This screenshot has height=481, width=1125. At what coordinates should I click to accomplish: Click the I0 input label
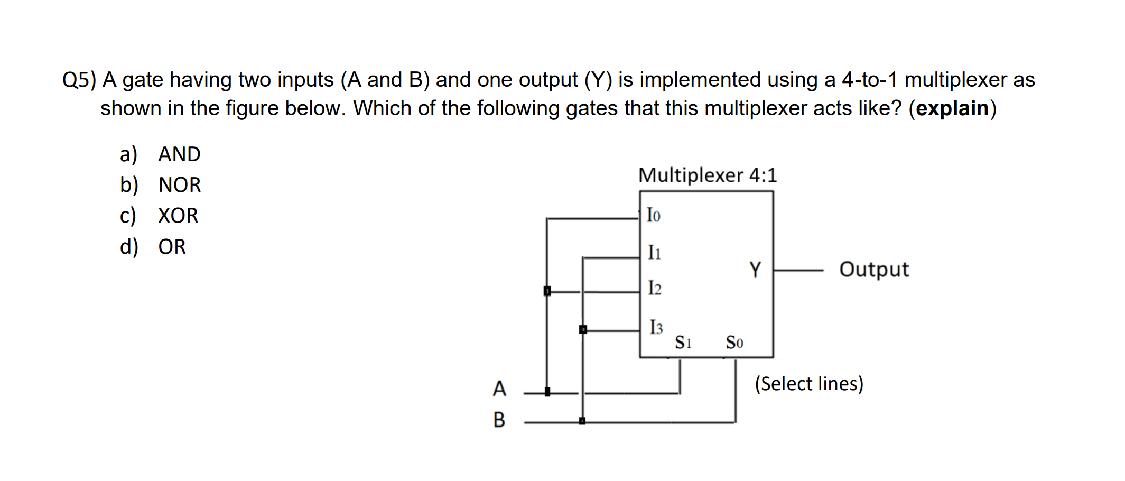tap(654, 215)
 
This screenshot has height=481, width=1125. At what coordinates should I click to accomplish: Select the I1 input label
tap(654, 252)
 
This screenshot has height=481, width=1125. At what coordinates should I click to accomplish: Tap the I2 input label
tap(655, 288)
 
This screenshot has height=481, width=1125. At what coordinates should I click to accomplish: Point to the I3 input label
tap(656, 327)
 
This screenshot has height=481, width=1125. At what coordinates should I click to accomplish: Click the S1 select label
tap(683, 343)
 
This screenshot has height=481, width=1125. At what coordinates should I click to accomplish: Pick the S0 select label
tap(734, 343)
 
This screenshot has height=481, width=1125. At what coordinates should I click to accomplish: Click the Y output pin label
tap(755, 270)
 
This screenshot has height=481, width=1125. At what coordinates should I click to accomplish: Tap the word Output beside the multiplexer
tap(874, 270)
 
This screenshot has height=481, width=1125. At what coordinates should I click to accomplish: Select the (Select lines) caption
tap(808, 383)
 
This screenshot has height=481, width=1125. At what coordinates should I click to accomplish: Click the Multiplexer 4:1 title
tap(708, 175)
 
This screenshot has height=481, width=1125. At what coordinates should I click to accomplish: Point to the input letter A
tap(499, 388)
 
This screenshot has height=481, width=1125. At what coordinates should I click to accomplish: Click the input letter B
tap(499, 420)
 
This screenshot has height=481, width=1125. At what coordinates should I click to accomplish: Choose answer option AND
tap(179, 154)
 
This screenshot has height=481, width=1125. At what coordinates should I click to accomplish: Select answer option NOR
tap(180, 185)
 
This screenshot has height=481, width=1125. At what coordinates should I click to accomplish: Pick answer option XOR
tap(178, 216)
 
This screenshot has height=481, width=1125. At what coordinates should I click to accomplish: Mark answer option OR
tap(172, 247)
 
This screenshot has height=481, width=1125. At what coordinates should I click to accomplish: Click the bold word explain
tap(952, 108)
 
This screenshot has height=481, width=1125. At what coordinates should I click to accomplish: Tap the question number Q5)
tap(79, 80)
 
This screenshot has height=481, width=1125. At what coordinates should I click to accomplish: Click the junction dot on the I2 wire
tap(547, 291)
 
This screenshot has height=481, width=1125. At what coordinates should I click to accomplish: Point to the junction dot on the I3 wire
tap(583, 330)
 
